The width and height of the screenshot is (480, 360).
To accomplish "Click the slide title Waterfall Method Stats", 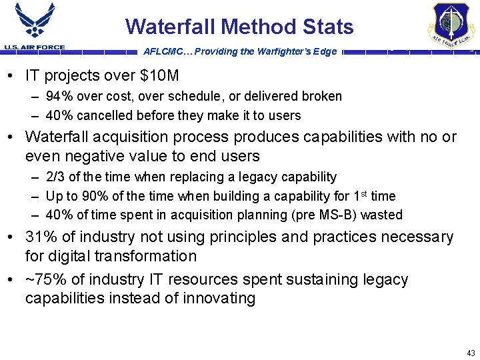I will tap(239, 27).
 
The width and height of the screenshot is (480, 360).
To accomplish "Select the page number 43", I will tap(471, 352).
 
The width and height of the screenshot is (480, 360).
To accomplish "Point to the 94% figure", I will tap(58, 96).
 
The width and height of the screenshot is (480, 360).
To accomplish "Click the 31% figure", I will tap(40, 237).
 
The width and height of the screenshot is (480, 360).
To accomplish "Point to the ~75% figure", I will tap(42, 279).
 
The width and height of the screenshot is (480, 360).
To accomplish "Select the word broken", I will tap(322, 96).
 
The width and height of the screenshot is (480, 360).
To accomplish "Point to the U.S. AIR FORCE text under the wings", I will tap(34, 47).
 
